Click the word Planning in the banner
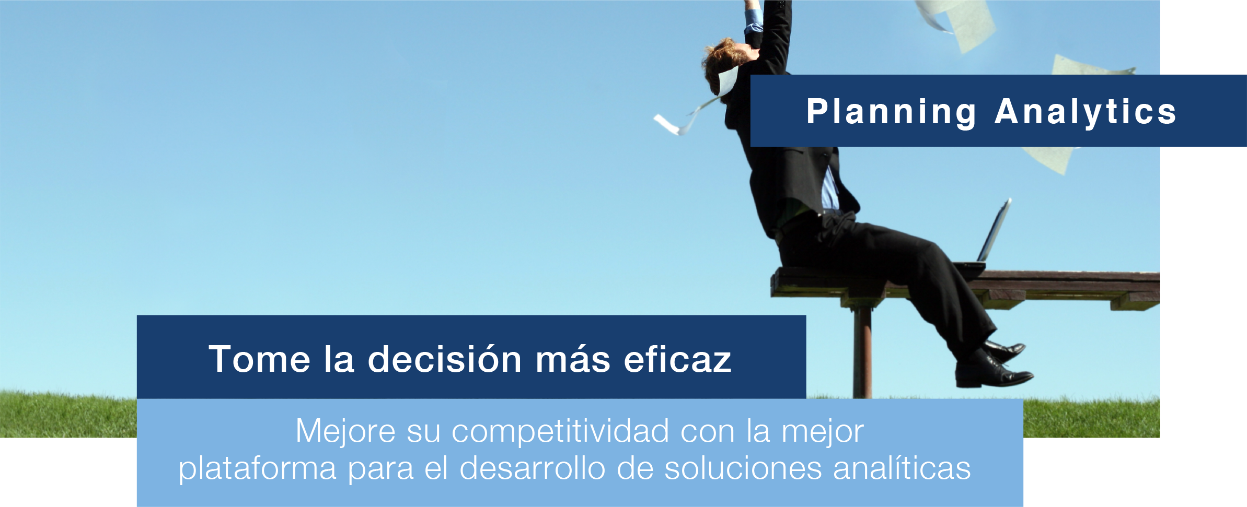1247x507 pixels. click(891, 112)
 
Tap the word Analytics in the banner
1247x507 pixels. click(1085, 112)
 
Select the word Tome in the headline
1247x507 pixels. click(260, 359)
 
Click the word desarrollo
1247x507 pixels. click(533, 468)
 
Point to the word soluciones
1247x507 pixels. click(743, 468)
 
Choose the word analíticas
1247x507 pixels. click(902, 468)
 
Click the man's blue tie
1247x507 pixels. click(828, 188)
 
